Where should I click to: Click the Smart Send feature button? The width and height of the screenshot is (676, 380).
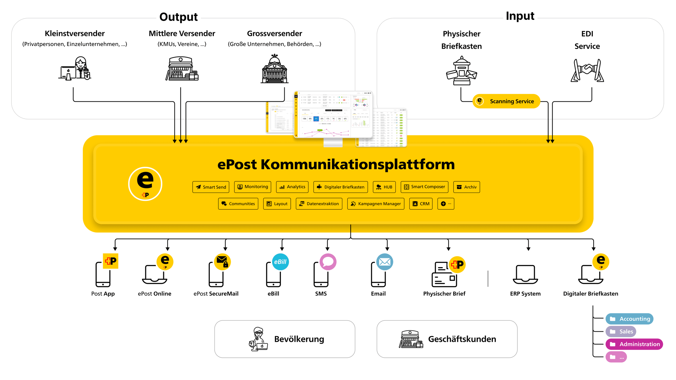point(211,187)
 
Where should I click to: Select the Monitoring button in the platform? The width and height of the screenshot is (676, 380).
point(253,187)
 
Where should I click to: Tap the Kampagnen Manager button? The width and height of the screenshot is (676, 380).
point(376,204)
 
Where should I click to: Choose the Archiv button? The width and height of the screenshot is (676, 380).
point(466,187)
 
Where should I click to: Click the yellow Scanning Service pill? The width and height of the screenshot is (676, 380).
point(506,101)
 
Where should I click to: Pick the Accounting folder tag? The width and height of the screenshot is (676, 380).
point(629,319)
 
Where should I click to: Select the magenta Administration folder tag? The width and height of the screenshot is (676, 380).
point(634,344)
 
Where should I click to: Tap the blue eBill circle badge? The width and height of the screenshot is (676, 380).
point(280,262)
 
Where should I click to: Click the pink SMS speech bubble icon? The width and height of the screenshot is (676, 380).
point(328,262)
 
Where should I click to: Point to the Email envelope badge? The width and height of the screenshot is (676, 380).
point(385,262)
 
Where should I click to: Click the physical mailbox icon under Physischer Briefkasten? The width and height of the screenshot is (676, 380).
point(461,71)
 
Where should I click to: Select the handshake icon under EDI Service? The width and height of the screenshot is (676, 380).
point(587,70)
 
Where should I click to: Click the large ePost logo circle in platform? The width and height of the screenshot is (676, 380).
point(145,184)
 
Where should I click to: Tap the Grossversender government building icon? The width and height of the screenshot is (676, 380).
point(274,69)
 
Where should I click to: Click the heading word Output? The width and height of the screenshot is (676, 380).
point(178,17)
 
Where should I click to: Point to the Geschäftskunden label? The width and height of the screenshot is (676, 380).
point(462,339)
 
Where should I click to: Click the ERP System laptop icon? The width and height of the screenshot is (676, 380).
point(525,274)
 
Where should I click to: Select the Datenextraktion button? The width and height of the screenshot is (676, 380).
point(319,204)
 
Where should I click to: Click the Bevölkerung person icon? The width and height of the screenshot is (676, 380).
point(258,339)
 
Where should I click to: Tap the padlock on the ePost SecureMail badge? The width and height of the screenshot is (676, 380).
point(226,265)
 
